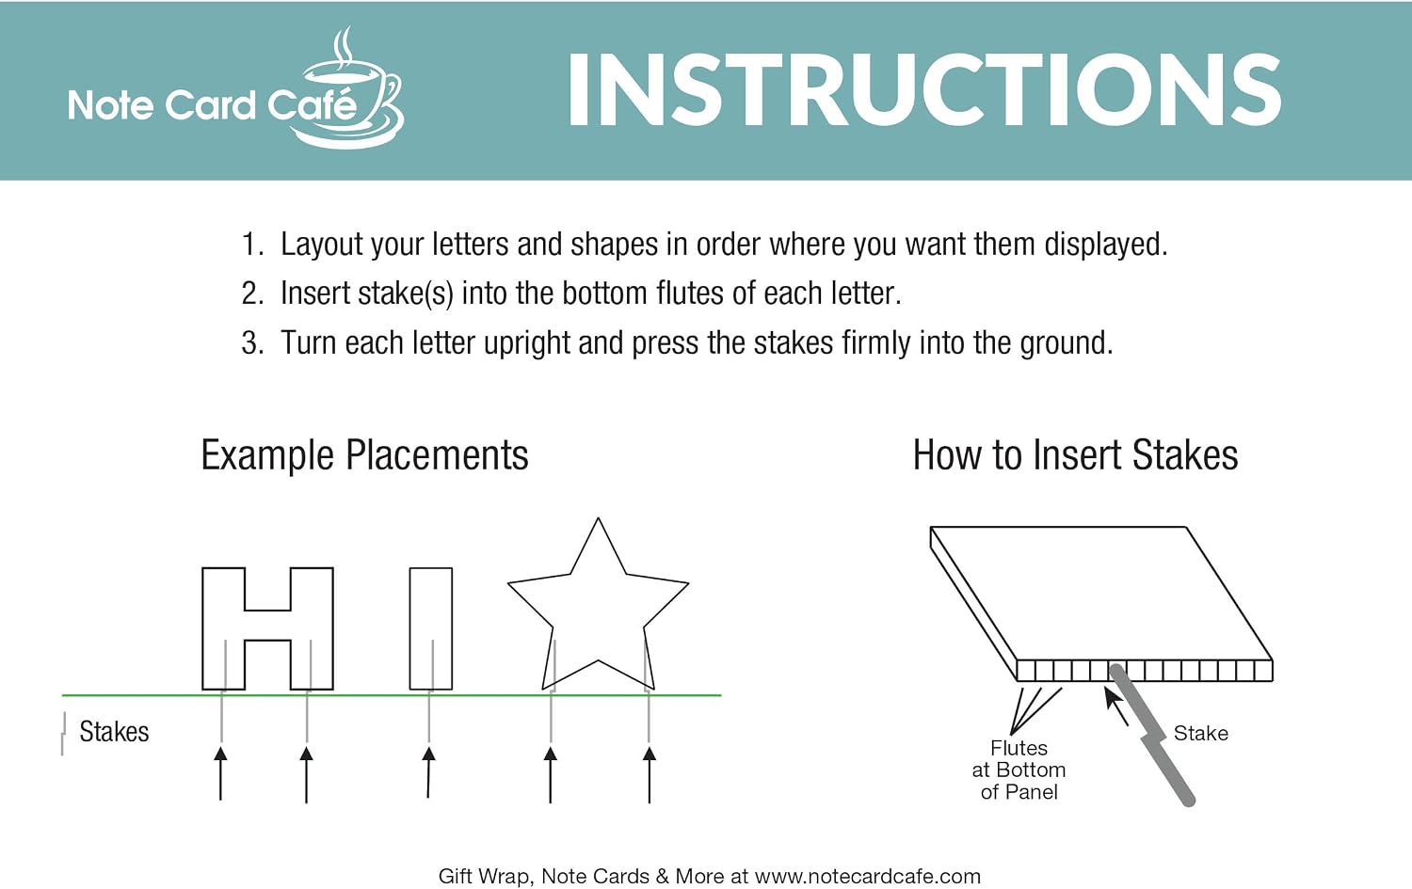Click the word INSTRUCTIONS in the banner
point(924,90)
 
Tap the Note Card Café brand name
point(213,105)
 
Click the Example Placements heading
point(364,455)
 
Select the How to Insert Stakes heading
point(1075,455)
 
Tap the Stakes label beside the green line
point(114,732)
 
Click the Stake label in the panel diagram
point(1201,734)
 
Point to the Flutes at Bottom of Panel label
point(1019,770)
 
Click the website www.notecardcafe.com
point(867,877)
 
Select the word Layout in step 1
point(322,246)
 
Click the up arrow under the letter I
point(428,772)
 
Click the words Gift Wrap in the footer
point(484,877)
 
